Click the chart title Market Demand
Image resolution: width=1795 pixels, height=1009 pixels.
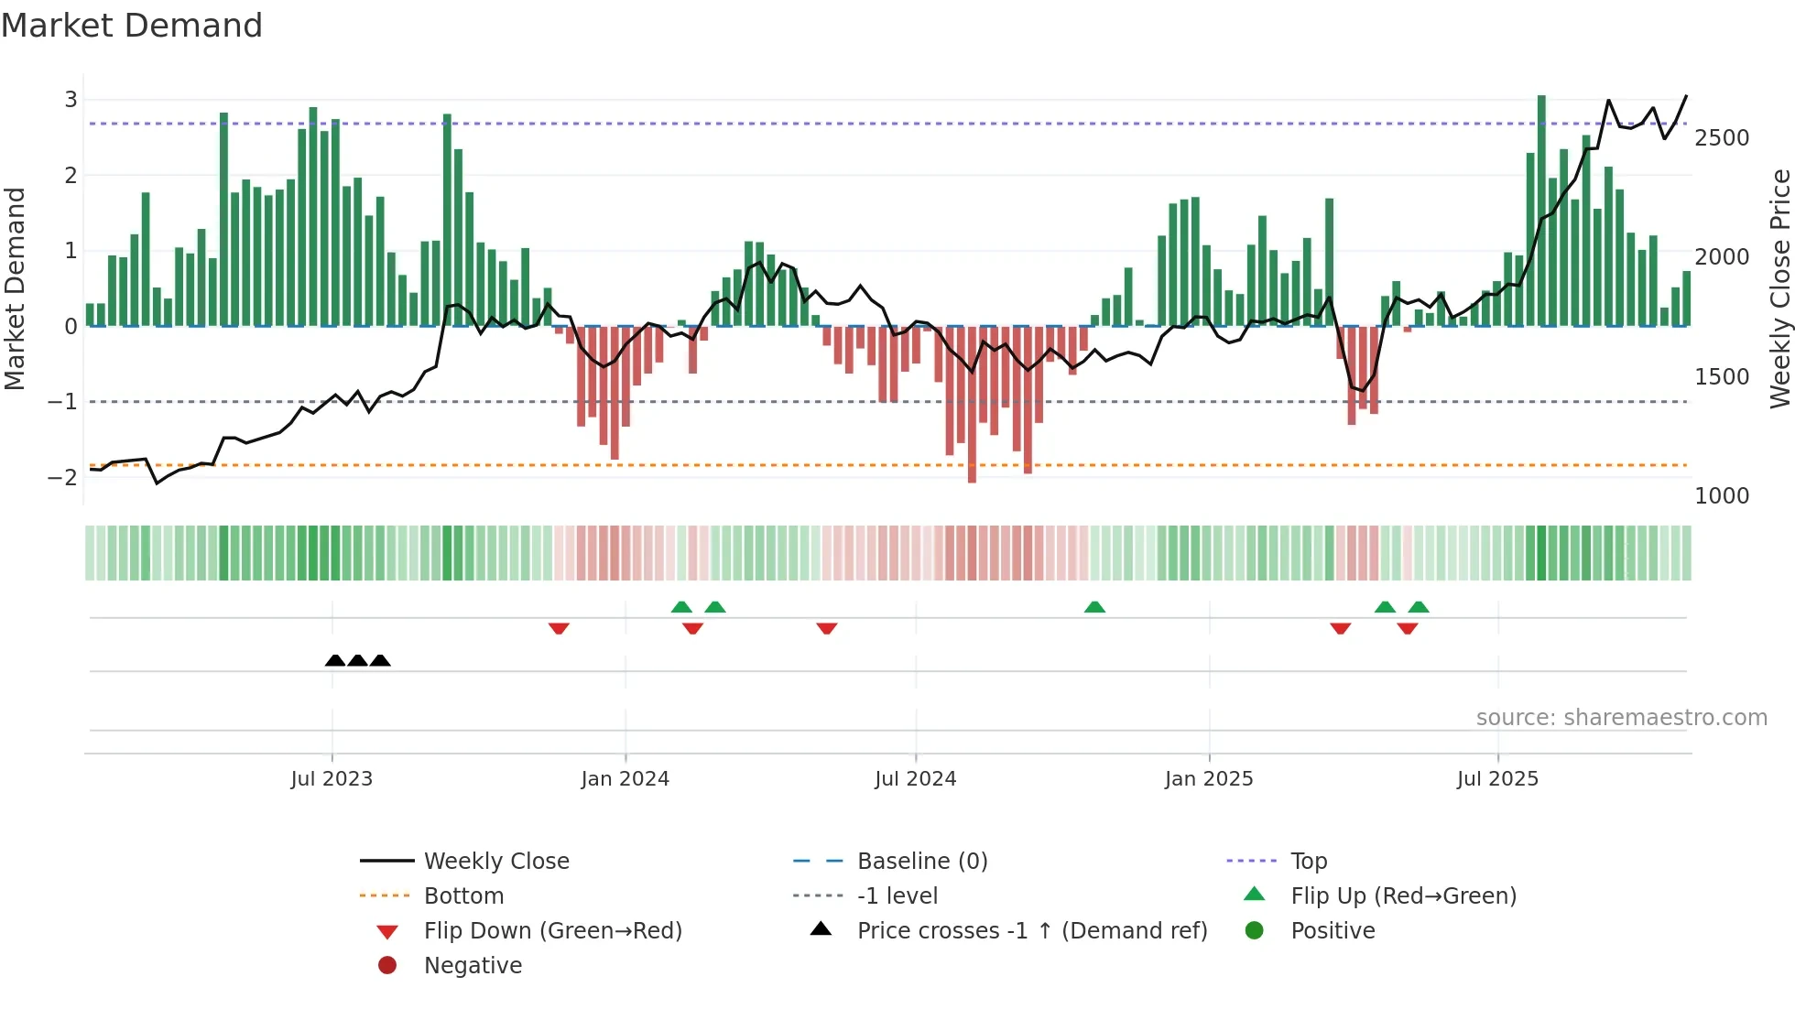tap(132, 26)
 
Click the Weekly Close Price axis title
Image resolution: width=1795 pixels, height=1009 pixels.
tap(1779, 288)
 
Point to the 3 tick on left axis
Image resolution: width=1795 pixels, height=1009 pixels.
tap(71, 99)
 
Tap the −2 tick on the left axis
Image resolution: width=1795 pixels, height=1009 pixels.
tap(62, 477)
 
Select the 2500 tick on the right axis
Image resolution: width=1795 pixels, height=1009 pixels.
tap(1721, 138)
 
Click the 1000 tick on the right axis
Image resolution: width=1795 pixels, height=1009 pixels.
tap(1721, 496)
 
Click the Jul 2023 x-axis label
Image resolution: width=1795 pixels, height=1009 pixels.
tap(332, 779)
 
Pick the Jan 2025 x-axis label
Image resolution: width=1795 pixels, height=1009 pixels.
tap(1208, 779)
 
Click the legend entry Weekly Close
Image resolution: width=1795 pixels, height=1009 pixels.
tap(495, 862)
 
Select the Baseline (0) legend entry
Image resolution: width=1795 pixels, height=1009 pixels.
tap(921, 862)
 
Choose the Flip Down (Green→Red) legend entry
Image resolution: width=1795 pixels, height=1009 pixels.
tap(552, 931)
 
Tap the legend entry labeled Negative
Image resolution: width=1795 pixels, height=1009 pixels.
tap(473, 966)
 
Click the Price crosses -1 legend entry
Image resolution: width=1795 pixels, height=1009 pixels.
tap(1031, 931)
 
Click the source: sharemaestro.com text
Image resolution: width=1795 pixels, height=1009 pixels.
tap(1621, 718)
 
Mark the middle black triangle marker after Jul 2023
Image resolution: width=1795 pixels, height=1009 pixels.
tap(358, 660)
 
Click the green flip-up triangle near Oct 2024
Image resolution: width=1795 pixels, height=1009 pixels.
tap(1094, 607)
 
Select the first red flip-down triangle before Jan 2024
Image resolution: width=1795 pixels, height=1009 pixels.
tap(559, 628)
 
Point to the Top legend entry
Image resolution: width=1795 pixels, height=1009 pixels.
tap(1308, 862)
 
